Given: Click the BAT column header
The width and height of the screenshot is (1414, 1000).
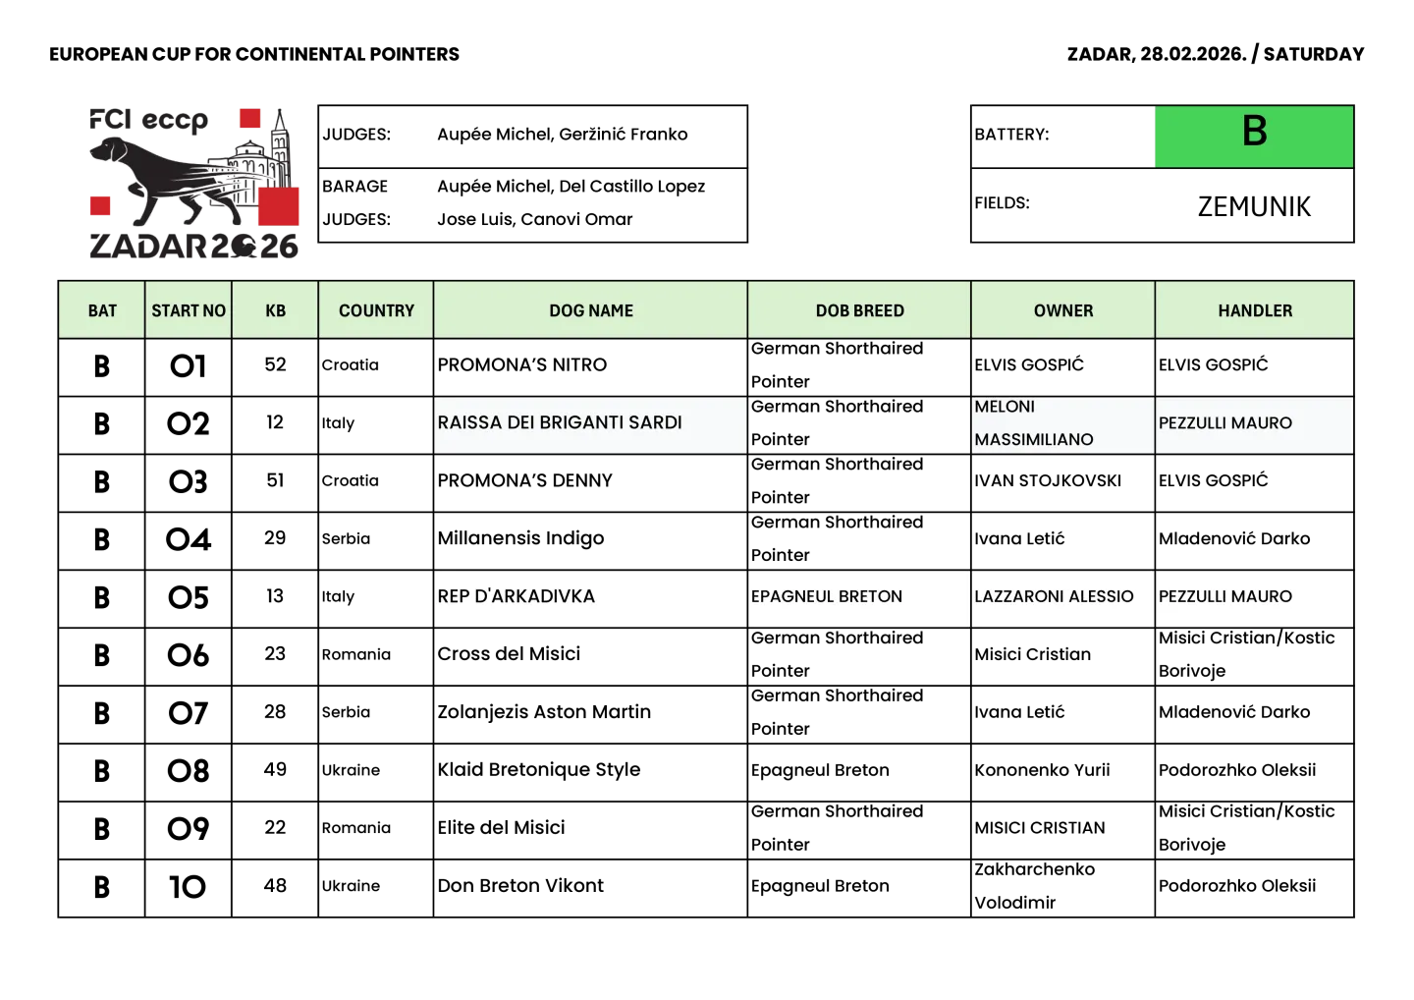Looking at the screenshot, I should (x=102, y=310).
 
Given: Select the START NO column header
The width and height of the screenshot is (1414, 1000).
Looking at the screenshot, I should (x=189, y=310).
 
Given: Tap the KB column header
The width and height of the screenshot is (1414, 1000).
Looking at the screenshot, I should (x=275, y=310).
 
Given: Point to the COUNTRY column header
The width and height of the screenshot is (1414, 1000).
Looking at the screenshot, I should (x=376, y=310).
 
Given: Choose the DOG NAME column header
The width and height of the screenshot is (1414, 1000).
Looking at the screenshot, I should (x=590, y=310).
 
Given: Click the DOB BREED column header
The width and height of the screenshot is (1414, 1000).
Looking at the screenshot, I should (x=859, y=310).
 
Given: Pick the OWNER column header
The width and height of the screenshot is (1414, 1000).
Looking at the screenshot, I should (x=1062, y=310).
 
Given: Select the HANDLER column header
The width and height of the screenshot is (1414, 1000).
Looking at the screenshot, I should (x=1255, y=310).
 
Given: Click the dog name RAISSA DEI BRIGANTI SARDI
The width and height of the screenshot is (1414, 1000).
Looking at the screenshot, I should (x=560, y=422).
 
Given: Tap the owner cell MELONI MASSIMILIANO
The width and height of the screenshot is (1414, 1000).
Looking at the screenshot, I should (x=1033, y=423).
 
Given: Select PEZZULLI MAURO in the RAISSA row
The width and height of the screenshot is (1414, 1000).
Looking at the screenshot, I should (x=1224, y=423).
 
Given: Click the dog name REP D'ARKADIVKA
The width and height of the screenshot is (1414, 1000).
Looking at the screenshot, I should (x=517, y=596).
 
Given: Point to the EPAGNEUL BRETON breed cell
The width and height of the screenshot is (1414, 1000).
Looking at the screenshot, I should (x=827, y=596).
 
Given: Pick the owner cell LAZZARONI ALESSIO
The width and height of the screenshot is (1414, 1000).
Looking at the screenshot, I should (x=1054, y=596).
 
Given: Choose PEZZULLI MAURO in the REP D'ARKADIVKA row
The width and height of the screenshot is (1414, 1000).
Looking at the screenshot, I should (x=1224, y=596).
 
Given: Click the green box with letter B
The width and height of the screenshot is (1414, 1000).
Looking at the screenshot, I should (x=1254, y=136).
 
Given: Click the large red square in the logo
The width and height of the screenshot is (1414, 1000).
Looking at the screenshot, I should (x=280, y=205).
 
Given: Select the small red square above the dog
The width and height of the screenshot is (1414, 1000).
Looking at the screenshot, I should (x=250, y=119).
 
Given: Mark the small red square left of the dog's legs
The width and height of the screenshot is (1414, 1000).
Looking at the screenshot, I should (x=100, y=205).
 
